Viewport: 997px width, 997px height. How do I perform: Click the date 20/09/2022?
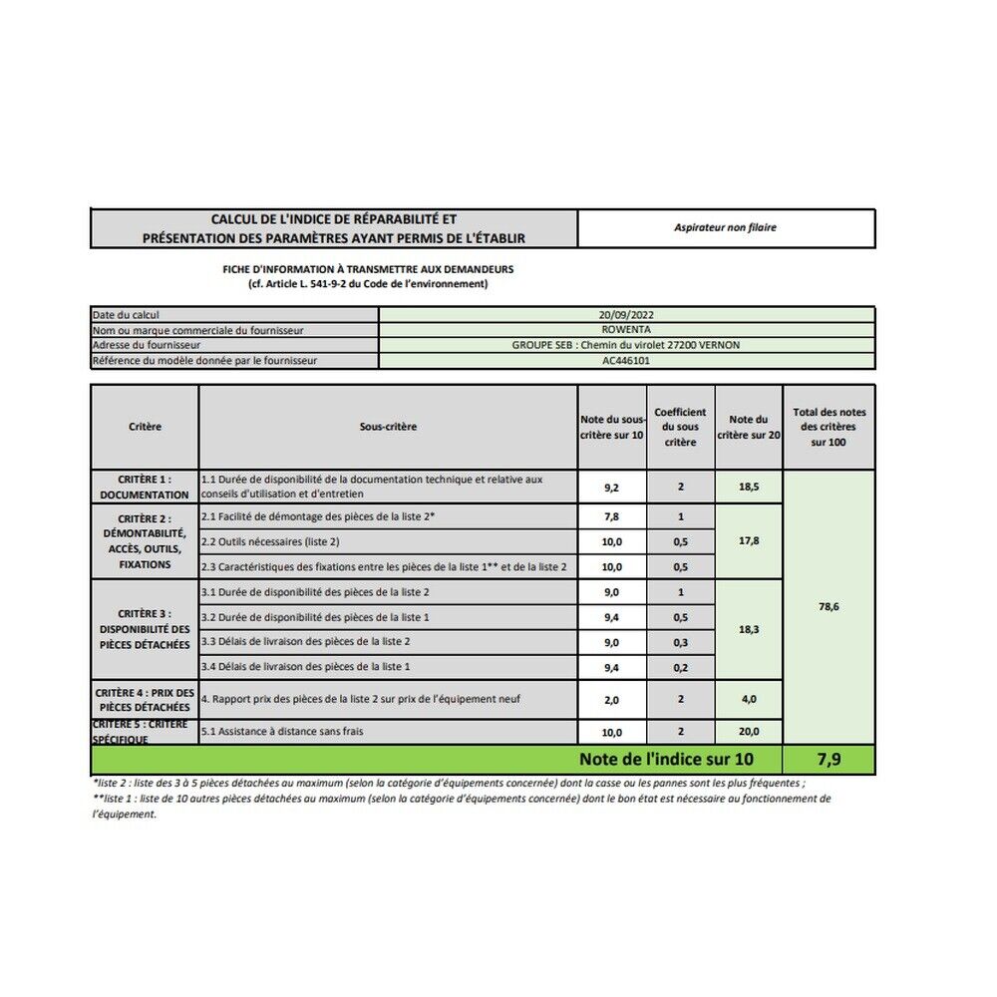pyautogui.click(x=626, y=314)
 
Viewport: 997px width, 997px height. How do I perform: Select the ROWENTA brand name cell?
pyautogui.click(x=626, y=329)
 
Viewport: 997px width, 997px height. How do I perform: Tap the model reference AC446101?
pyautogui.click(x=626, y=361)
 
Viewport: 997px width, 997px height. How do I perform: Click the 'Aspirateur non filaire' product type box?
pyautogui.click(x=725, y=227)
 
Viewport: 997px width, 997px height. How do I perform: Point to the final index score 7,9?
pyautogui.click(x=829, y=760)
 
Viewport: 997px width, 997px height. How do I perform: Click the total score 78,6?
pyautogui.click(x=829, y=606)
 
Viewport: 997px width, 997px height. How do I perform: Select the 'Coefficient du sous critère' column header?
pyautogui.click(x=680, y=427)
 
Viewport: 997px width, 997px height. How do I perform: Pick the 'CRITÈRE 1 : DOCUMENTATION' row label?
pyautogui.click(x=145, y=487)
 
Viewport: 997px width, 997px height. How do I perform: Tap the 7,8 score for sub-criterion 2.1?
pyautogui.click(x=612, y=516)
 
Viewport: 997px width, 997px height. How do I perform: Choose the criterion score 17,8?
pyautogui.click(x=749, y=540)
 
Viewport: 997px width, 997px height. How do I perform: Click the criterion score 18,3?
pyautogui.click(x=749, y=630)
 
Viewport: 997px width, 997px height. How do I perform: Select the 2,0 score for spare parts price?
pyautogui.click(x=612, y=700)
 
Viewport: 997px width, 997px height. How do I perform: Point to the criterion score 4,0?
pyautogui.click(x=749, y=700)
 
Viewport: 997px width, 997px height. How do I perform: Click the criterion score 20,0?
pyautogui.click(x=749, y=732)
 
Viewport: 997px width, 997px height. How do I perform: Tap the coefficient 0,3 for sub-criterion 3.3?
pyautogui.click(x=680, y=642)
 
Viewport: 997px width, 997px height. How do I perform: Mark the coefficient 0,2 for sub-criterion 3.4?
pyautogui.click(x=680, y=667)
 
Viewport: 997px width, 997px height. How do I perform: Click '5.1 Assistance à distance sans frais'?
pyautogui.click(x=282, y=732)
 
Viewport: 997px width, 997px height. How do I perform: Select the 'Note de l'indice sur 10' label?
pyautogui.click(x=666, y=760)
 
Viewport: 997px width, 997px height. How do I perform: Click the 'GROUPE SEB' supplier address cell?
pyautogui.click(x=626, y=345)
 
